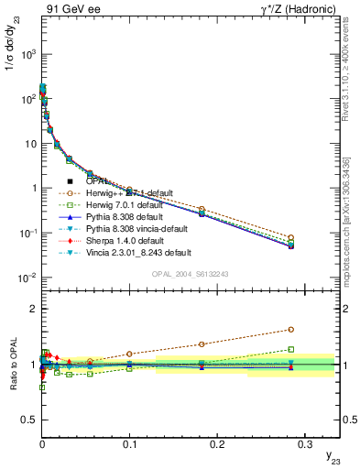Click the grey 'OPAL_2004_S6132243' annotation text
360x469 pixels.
tap(191, 273)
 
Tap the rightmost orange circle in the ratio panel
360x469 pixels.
tap(290, 329)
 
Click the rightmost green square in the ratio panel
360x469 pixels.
tap(290, 349)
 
